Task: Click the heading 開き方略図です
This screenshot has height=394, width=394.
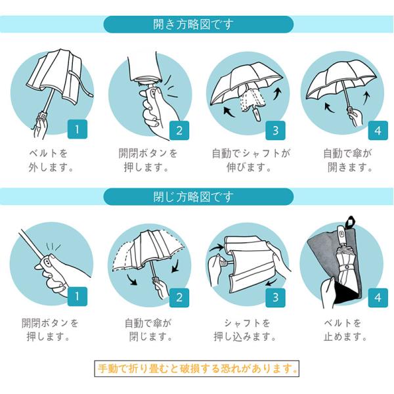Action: [x=193, y=25]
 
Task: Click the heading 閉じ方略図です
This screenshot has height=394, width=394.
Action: [x=193, y=197]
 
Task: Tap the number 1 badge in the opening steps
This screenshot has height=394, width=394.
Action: [x=77, y=129]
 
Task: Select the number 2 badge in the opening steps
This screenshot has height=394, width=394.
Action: [x=179, y=131]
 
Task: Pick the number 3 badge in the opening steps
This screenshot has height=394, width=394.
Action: [x=275, y=131]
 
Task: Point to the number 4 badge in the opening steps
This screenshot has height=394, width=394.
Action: [x=378, y=131]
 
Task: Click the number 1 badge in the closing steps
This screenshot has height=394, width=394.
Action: [x=77, y=297]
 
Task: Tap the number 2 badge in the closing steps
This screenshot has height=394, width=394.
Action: [x=179, y=297]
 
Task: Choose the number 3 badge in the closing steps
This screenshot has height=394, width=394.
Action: [x=275, y=297]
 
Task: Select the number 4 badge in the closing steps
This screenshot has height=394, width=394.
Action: [x=378, y=297]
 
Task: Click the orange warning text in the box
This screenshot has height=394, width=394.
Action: [x=197, y=368]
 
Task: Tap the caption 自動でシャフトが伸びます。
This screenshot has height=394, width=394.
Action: [x=251, y=160]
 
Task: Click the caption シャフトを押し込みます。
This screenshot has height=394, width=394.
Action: [x=245, y=330]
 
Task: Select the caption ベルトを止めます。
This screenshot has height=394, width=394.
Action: [x=345, y=330]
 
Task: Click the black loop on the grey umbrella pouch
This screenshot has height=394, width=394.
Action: [x=349, y=222]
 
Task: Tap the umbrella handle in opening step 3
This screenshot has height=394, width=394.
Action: [x=257, y=114]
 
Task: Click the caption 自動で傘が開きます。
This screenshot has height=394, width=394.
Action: [x=348, y=160]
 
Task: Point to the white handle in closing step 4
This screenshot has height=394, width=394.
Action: [x=341, y=234]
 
